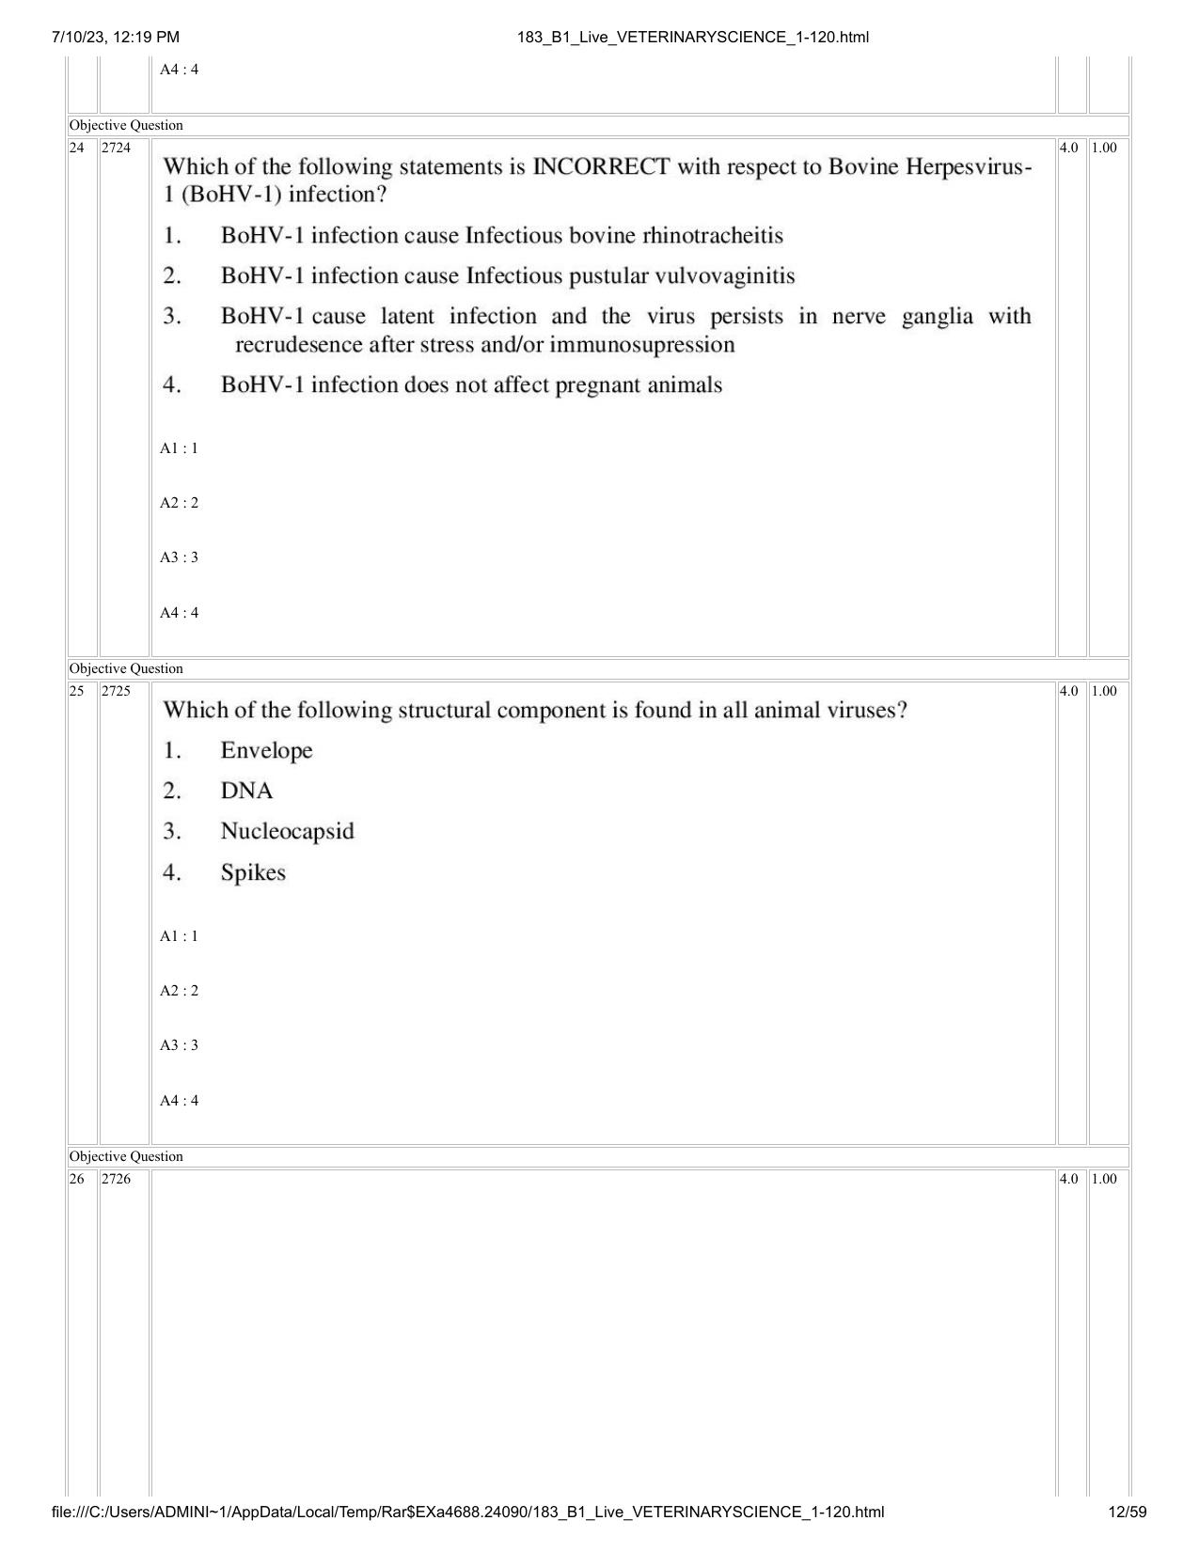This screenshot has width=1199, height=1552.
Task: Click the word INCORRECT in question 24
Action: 601,167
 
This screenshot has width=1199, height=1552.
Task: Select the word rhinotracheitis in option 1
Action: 713,235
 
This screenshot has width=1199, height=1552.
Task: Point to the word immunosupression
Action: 642,345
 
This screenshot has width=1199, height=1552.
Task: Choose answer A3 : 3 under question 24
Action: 179,557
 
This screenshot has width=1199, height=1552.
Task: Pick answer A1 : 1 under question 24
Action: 179,448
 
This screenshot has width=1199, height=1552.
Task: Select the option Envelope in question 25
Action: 266,750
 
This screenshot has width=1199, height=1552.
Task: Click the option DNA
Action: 246,791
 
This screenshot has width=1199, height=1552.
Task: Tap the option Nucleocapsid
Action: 287,831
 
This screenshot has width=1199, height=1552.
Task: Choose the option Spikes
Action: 253,872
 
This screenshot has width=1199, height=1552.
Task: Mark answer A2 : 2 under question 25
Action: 179,991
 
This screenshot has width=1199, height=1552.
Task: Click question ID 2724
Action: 117,148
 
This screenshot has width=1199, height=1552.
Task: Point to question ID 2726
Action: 117,1179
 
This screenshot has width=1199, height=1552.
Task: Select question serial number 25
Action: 77,691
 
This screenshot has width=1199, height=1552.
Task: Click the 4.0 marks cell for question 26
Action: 1069,1179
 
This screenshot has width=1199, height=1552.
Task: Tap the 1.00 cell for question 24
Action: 1104,148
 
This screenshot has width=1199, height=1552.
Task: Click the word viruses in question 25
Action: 866,710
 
